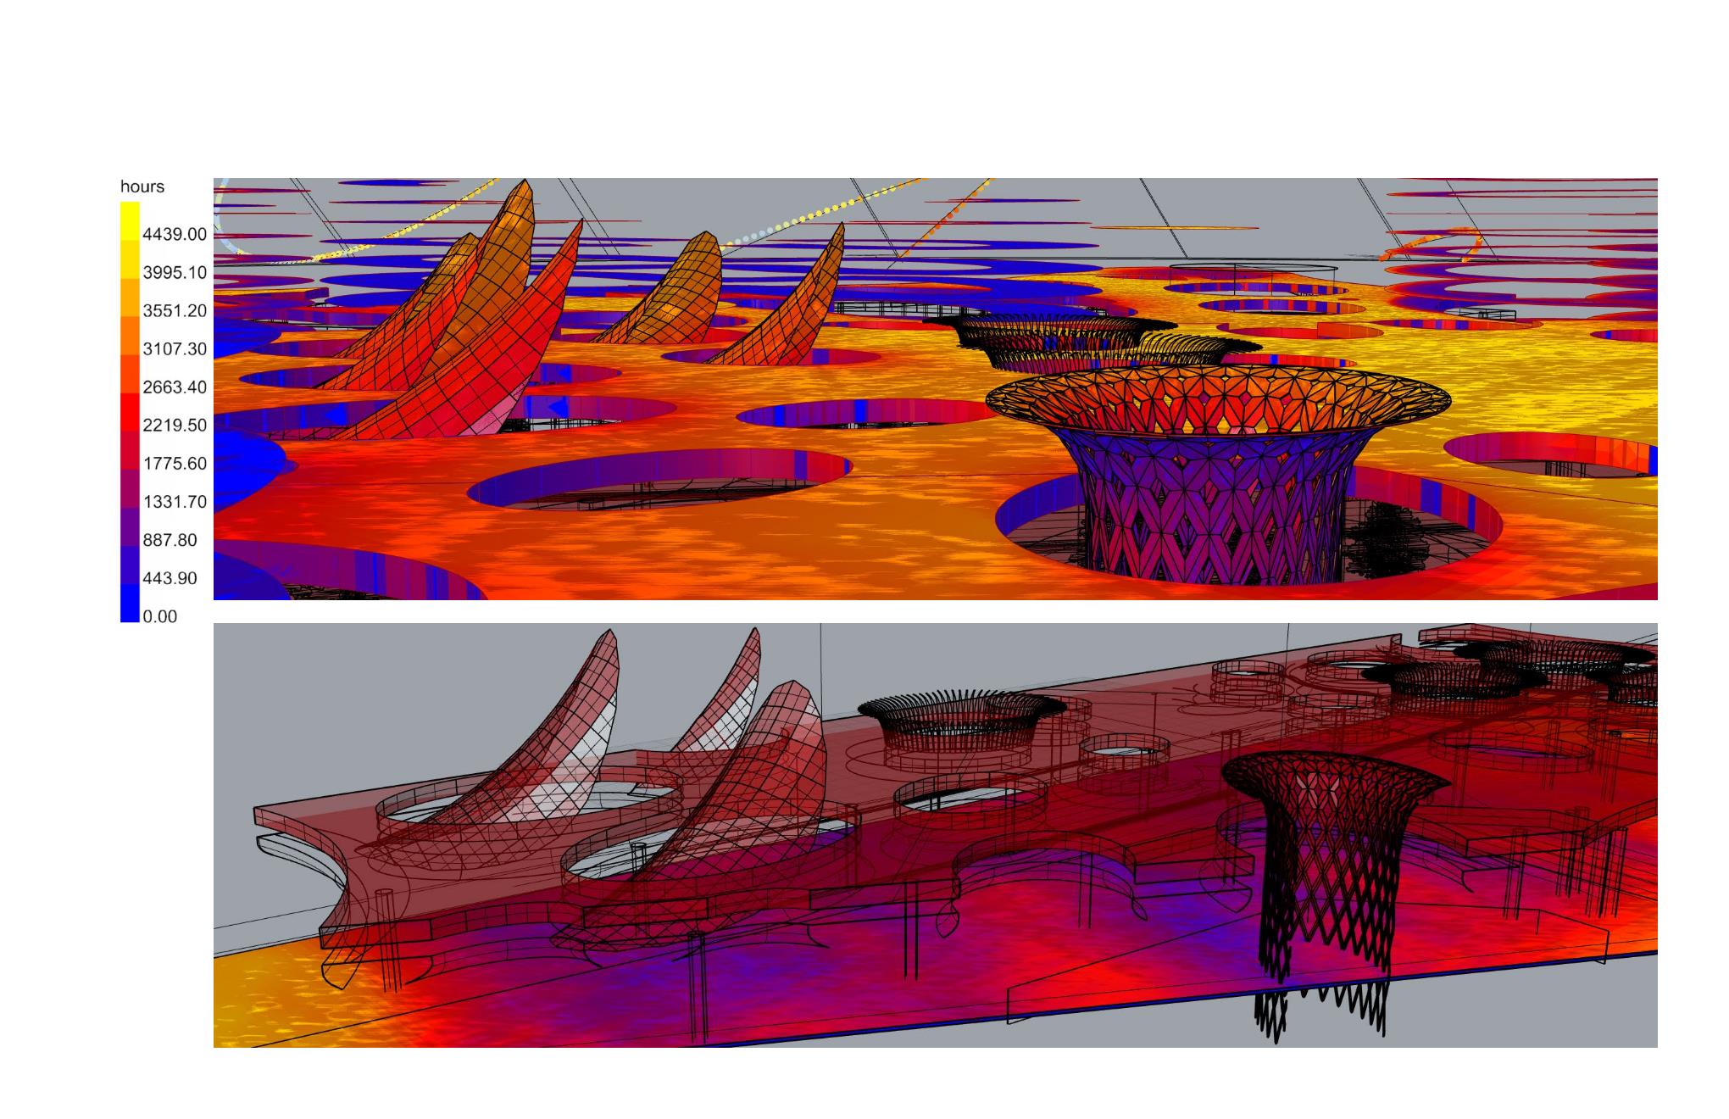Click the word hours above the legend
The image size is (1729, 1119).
pyautogui.click(x=142, y=186)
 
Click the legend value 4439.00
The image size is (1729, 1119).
pyautogui.click(x=175, y=234)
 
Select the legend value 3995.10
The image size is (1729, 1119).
pyautogui.click(x=175, y=272)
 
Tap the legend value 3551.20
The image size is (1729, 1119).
pyautogui.click(x=175, y=310)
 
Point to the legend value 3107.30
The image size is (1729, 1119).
pyautogui.click(x=175, y=348)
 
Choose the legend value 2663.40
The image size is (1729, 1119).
pyautogui.click(x=175, y=387)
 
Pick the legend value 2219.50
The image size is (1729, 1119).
pyautogui.click(x=175, y=425)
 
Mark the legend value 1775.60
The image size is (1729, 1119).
pyautogui.click(x=175, y=463)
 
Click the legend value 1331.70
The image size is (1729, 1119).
pyautogui.click(x=175, y=501)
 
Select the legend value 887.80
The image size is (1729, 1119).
pyautogui.click(x=170, y=540)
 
